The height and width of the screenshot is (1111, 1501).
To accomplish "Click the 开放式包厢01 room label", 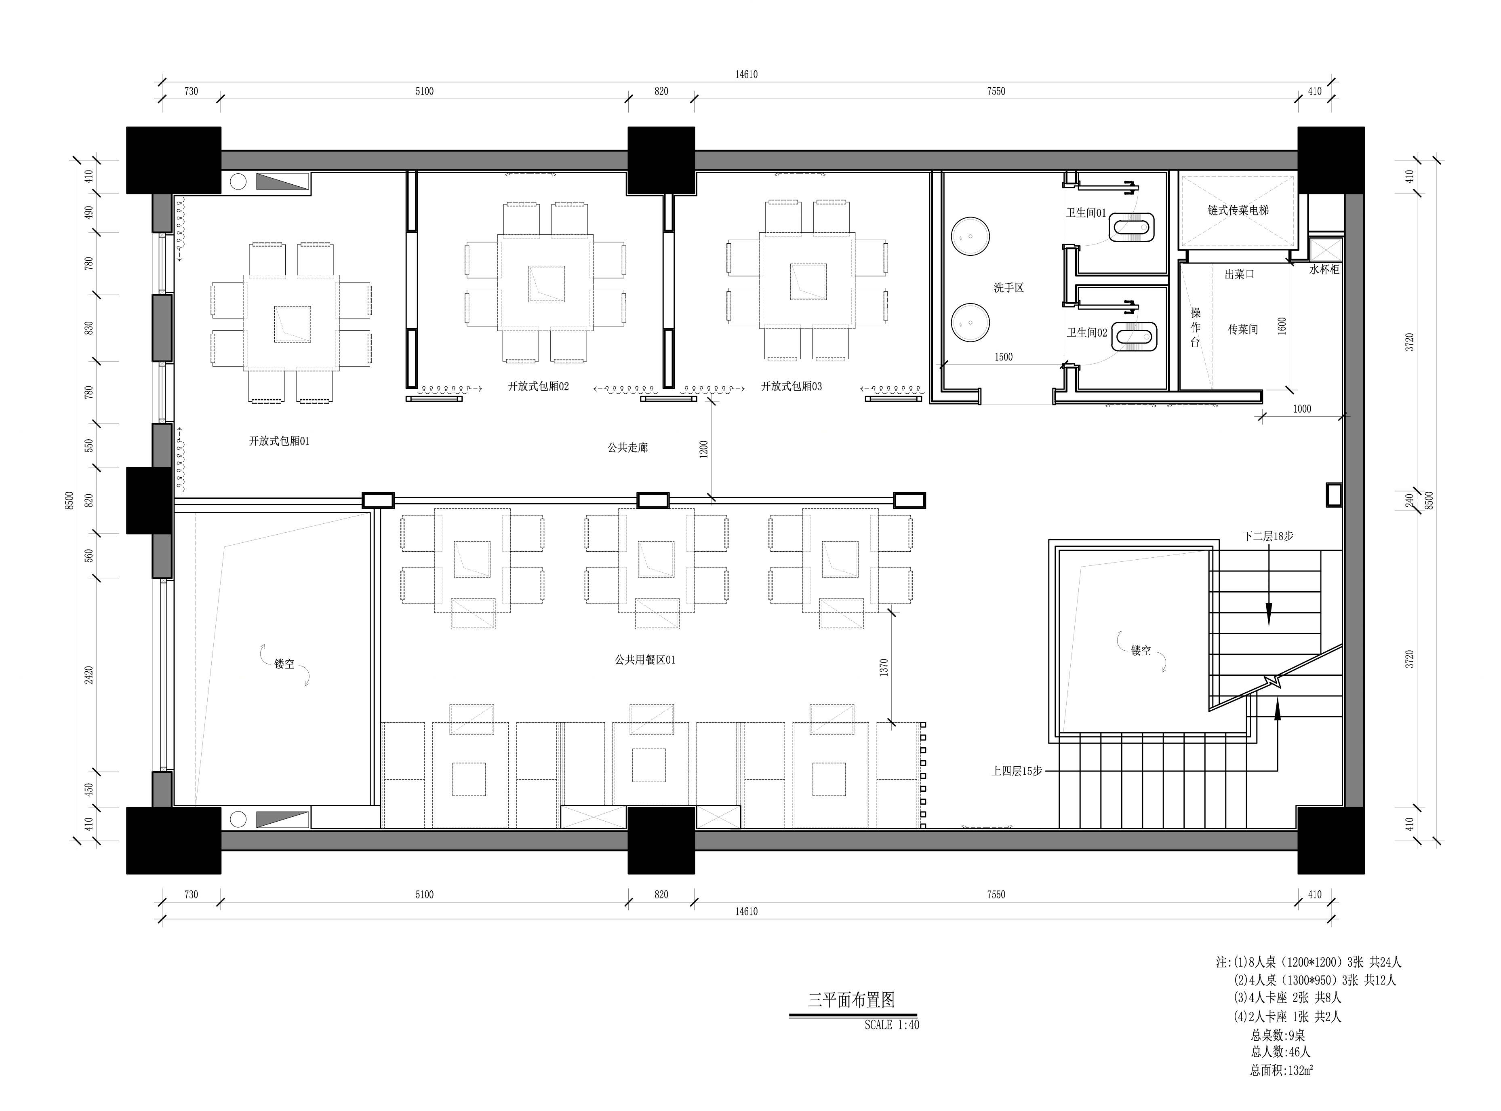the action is point(279,441).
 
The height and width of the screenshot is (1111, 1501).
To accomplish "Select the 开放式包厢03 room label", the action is point(791,386).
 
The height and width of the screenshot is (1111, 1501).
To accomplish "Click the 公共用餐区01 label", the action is point(644,660).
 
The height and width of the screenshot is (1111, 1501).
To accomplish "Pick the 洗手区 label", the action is point(1008,288).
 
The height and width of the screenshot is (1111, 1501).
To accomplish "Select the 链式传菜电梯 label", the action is point(1238,211).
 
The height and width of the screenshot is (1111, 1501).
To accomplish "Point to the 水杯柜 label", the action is point(1324,269).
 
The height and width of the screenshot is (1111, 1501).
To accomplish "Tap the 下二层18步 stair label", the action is point(1268,536).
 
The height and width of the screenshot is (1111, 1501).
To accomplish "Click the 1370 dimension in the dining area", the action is point(884,667).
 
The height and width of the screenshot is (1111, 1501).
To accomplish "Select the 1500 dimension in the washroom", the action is point(1004,357).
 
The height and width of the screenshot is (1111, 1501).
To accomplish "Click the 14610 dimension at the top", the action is point(746,75).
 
